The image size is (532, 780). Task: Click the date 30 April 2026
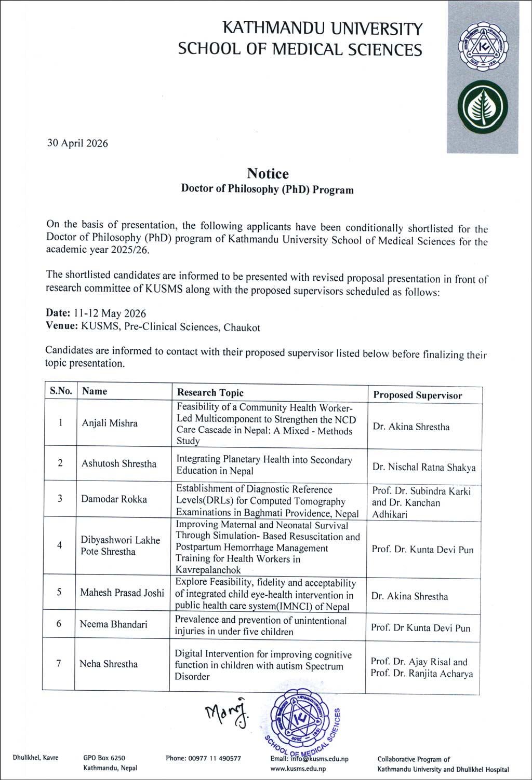[77, 143]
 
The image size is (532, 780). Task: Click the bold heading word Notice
[268, 173]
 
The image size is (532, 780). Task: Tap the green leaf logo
[483, 106]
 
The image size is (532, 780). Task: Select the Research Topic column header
[210, 392]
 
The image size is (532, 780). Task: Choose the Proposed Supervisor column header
[417, 395]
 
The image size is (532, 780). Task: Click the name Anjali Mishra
[110, 423]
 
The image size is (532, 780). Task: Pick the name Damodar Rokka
[114, 499]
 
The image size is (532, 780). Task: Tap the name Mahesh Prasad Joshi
[122, 592]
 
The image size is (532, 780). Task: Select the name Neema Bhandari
[113, 624]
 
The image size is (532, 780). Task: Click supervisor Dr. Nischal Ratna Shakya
[423, 467]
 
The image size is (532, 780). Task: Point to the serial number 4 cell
[60, 545]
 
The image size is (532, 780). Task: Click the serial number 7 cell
[59, 663]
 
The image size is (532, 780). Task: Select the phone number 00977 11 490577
[203, 758]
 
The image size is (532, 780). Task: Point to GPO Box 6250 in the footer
[104, 758]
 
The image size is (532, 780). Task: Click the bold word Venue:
[62, 326]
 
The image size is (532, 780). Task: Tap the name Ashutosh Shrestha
[118, 463]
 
